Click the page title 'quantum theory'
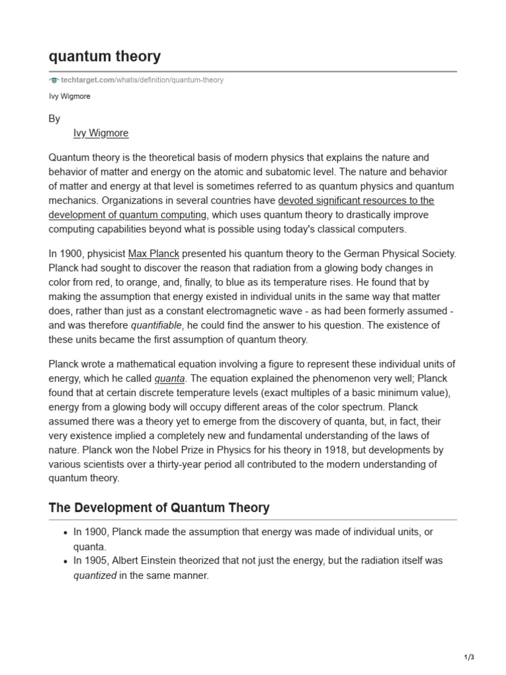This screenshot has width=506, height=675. pos(104,57)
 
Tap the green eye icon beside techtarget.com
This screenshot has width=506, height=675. pos(54,80)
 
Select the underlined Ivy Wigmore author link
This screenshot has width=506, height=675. pos(101,133)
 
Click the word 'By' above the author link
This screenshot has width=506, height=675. pos(55,119)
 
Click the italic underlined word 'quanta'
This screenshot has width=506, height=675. pos(170,378)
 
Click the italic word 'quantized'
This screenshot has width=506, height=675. pos(95,575)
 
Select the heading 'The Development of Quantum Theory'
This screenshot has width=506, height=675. pos(159,508)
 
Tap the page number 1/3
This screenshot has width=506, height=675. pos(468,657)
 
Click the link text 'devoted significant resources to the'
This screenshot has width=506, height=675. pos(356,200)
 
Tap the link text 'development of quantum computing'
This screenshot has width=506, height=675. pos(128,214)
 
